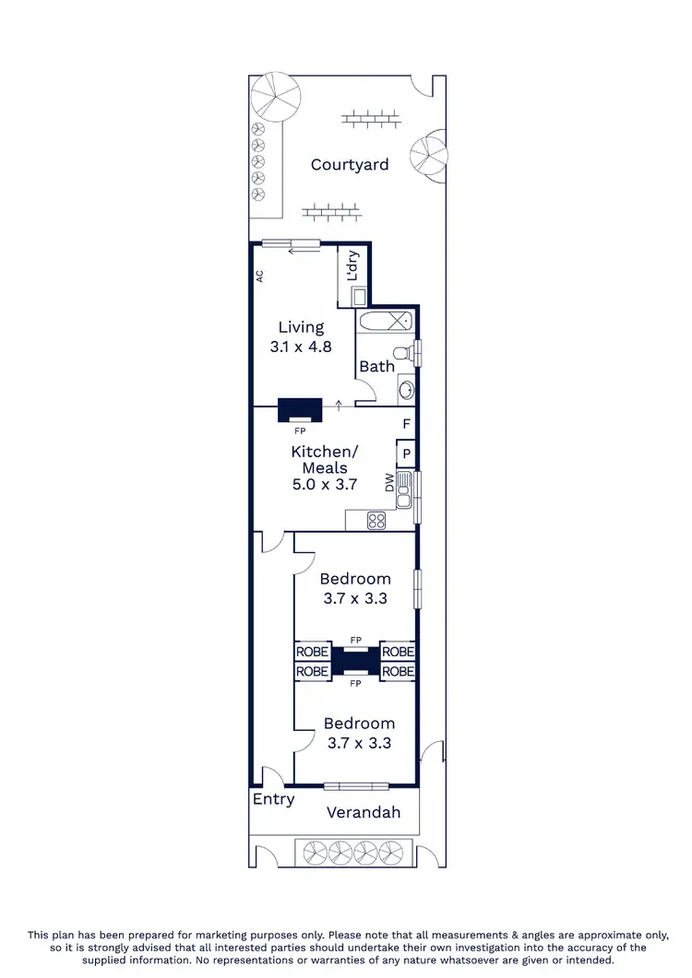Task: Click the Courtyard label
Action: tap(350, 165)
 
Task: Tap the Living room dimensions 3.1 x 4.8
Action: tap(301, 348)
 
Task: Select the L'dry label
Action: tap(352, 266)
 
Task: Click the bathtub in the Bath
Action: tap(386, 323)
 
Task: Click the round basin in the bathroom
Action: tap(406, 389)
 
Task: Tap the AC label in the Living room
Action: tap(260, 275)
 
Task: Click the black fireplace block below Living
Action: tap(300, 408)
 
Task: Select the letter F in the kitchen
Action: tap(405, 424)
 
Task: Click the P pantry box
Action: tap(406, 454)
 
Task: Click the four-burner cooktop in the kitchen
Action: tap(376, 521)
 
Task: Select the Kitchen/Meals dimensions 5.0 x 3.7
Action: tap(319, 484)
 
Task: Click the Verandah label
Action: tap(364, 812)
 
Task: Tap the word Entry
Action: tap(273, 799)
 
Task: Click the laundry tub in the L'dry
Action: tap(359, 296)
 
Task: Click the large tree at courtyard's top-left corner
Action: tap(276, 94)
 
